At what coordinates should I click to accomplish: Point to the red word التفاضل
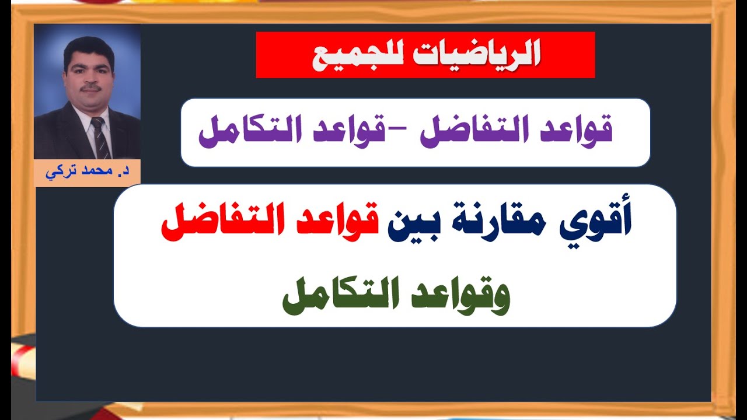point(219,225)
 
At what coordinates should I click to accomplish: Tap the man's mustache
point(90,88)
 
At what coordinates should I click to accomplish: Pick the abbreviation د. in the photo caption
point(116,174)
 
